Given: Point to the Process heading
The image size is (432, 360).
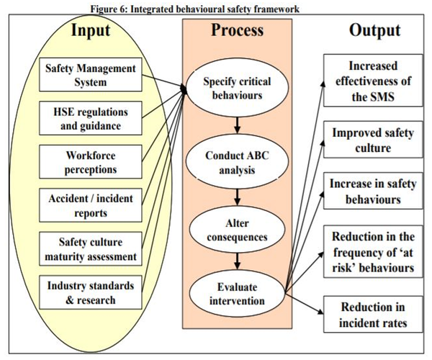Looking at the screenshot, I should [x=237, y=30].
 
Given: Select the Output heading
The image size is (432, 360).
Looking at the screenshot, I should [x=374, y=30].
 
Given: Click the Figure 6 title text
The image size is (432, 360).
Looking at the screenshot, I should [x=216, y=6].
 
